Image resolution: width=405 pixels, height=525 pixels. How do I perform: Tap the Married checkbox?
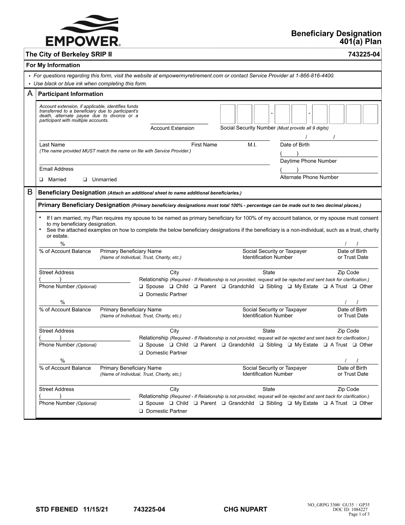click(x=41, y=180)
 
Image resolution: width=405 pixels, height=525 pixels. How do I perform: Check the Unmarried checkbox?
click(x=85, y=180)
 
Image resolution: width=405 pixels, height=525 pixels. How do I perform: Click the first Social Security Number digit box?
click(x=227, y=114)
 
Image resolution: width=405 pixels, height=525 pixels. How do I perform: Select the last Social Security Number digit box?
click(x=370, y=114)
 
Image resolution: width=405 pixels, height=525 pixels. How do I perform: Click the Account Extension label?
click(x=172, y=128)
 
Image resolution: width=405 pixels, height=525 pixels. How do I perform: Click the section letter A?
click(x=30, y=94)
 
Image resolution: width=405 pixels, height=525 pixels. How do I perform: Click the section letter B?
click(x=30, y=192)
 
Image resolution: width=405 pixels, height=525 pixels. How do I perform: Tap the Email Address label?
click(x=56, y=169)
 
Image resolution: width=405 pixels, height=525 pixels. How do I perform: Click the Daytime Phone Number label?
click(x=308, y=161)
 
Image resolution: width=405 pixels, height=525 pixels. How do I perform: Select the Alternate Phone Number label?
click(x=309, y=177)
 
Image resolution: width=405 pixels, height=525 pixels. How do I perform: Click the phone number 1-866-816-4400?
click(x=315, y=76)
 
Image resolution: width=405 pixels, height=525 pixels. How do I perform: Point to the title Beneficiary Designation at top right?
click(x=336, y=33)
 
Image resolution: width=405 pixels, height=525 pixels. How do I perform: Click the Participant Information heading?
click(x=71, y=94)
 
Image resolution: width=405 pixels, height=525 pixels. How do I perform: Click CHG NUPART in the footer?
click(x=245, y=509)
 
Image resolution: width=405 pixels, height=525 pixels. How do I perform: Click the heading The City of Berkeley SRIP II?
click(x=69, y=54)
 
